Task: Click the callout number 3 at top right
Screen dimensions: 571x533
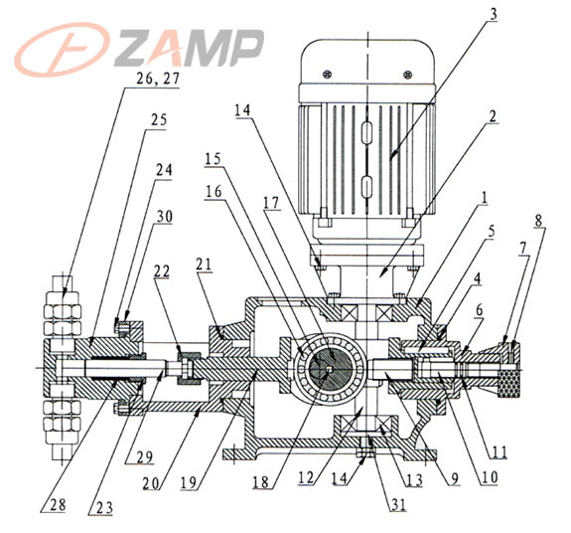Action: [494, 15]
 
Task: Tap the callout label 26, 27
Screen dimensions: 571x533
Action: [158, 80]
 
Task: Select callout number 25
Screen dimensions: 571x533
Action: [159, 120]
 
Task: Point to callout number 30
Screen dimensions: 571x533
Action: [164, 217]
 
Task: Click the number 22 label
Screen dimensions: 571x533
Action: [162, 271]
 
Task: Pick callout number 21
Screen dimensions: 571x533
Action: [204, 265]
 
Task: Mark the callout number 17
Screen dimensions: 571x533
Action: [272, 203]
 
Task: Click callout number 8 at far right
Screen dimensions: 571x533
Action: [538, 221]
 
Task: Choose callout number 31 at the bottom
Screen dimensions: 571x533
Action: [398, 504]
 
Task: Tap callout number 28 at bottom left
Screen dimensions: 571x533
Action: [59, 505]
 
